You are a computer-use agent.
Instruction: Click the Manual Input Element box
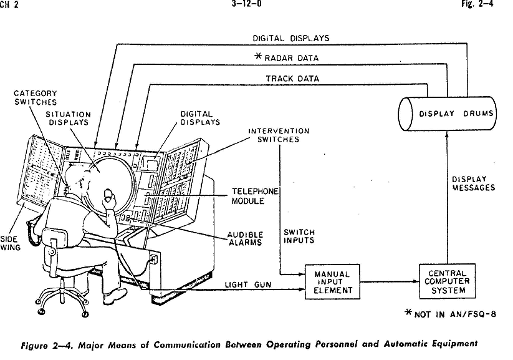(x=332, y=281)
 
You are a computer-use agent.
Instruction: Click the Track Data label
(x=292, y=79)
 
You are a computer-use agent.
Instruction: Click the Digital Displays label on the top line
(x=290, y=38)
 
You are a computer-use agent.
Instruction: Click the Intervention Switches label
(x=279, y=135)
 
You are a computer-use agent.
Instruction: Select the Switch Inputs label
(x=299, y=236)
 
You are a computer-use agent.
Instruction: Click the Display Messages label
(x=474, y=183)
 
